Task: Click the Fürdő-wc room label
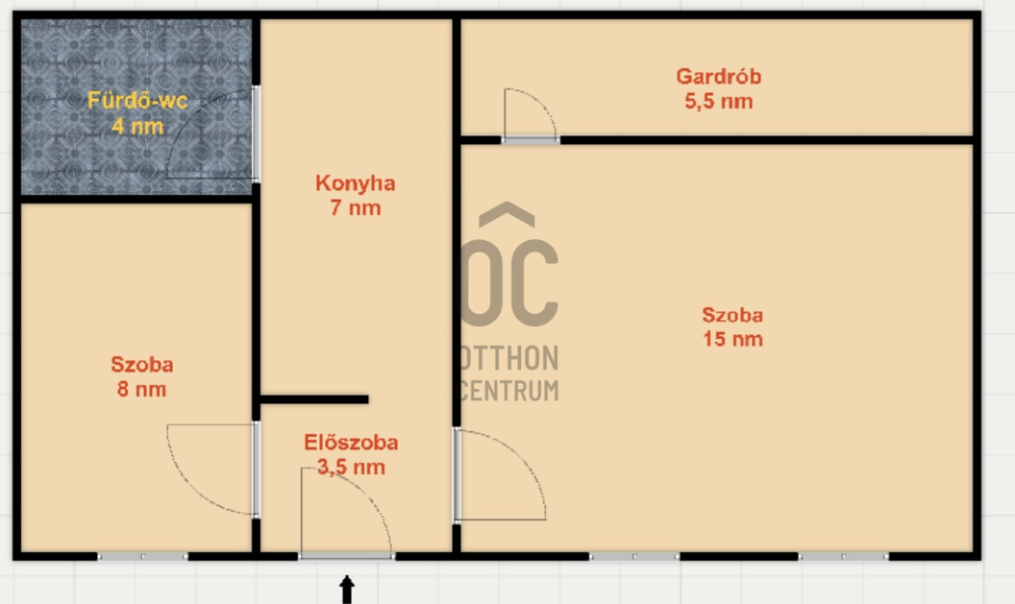coord(137,100)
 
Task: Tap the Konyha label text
coord(355,182)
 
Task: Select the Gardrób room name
coord(718,76)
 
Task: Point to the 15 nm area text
coord(731,339)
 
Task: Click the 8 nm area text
coord(141,389)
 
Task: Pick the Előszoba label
coord(351,443)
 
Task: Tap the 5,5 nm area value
coord(718,101)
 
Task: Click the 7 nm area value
coord(355,207)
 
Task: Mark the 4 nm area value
coord(137,125)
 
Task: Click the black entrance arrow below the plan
coord(346,590)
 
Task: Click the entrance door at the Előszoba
coord(346,555)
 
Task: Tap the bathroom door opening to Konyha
coord(256,133)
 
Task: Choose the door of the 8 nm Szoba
coord(256,470)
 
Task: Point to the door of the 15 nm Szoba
coord(457,475)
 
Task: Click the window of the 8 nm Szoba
coord(142,556)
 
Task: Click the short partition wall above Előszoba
coord(314,399)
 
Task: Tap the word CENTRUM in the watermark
coord(509,390)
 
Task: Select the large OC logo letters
coord(509,278)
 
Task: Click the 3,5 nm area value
coord(351,468)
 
